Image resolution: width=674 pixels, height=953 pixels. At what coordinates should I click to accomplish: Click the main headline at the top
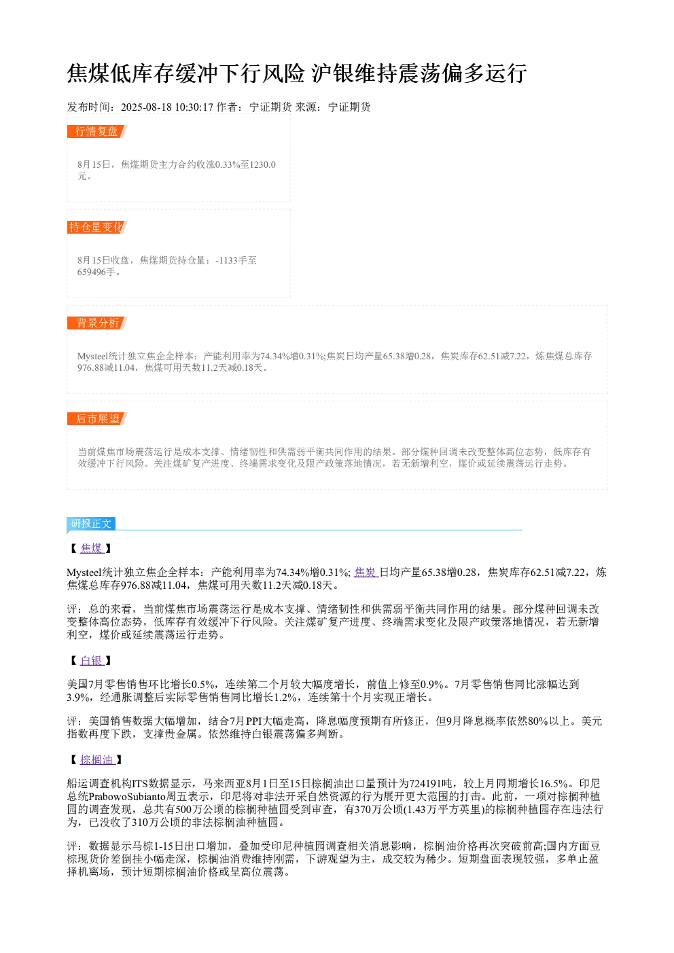(x=297, y=73)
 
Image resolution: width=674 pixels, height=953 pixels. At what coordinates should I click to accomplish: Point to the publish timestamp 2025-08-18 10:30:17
(x=166, y=107)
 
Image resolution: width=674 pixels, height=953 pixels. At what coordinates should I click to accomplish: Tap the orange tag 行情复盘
(x=96, y=132)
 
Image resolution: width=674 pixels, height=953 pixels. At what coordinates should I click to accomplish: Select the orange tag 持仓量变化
(x=96, y=227)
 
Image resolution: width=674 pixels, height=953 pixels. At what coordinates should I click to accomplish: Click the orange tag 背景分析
(x=96, y=323)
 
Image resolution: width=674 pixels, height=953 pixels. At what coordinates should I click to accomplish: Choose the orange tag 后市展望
(x=96, y=418)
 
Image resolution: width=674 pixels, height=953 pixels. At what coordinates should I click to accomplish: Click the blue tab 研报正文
(x=91, y=523)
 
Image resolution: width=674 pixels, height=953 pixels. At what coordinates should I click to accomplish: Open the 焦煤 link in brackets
(x=92, y=548)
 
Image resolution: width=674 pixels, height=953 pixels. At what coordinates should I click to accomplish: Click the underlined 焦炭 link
(x=366, y=572)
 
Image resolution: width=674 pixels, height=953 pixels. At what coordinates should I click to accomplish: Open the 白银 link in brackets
(x=92, y=660)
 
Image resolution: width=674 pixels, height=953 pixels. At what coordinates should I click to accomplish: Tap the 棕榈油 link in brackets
(x=97, y=759)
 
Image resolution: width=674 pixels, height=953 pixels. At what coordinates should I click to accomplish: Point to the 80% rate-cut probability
(x=538, y=721)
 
